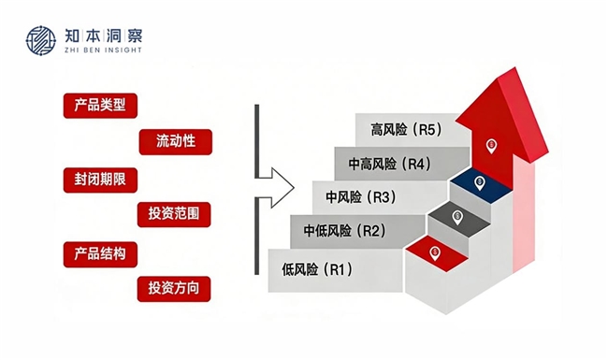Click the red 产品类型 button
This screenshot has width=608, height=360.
click(100, 106)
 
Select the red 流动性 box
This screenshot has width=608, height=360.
click(176, 142)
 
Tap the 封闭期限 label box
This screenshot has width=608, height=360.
click(100, 180)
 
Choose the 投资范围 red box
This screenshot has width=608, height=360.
click(174, 214)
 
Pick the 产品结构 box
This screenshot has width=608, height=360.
click(100, 254)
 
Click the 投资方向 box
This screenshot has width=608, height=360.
click(174, 289)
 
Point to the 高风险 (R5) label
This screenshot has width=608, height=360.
click(406, 129)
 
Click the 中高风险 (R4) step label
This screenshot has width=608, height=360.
click(389, 164)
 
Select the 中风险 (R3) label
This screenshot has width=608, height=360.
click(361, 197)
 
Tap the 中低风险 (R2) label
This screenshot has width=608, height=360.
click(345, 231)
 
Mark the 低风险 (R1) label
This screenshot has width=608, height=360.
click(317, 269)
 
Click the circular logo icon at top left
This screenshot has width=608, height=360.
click(41, 41)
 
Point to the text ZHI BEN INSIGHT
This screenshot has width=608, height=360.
click(103, 50)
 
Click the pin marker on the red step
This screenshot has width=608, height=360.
click(435, 253)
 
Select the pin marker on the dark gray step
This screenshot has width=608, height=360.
click(457, 217)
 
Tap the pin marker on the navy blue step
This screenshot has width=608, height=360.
click(480, 183)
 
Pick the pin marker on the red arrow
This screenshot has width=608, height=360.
click(491, 146)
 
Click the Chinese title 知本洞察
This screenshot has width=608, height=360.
click(104, 36)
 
